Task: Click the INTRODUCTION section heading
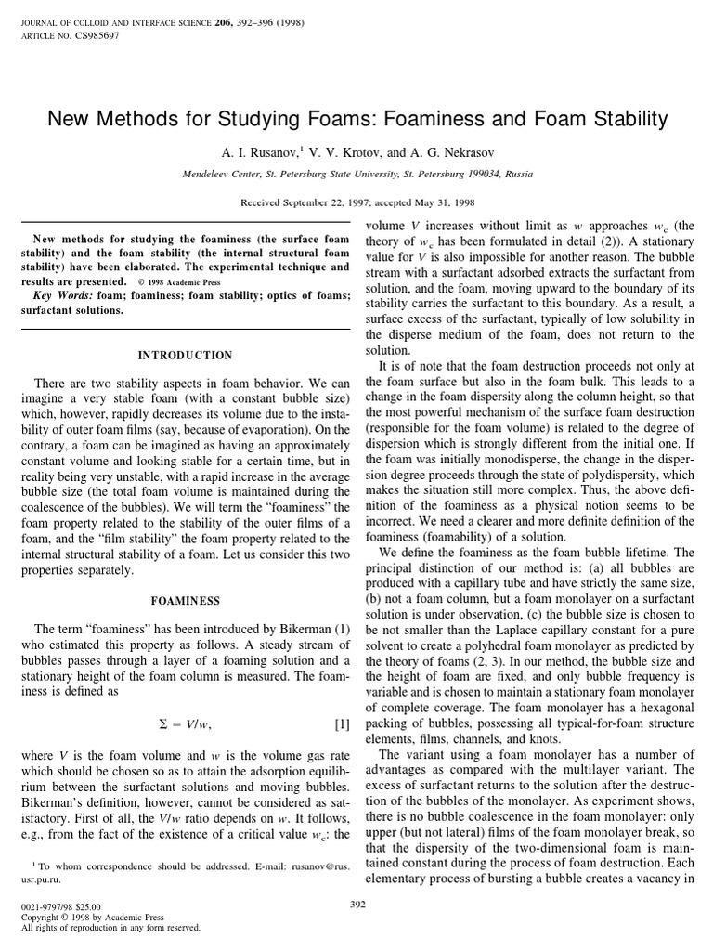pyautogui.click(x=185, y=355)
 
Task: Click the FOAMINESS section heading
pyautogui.click(x=185, y=601)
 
